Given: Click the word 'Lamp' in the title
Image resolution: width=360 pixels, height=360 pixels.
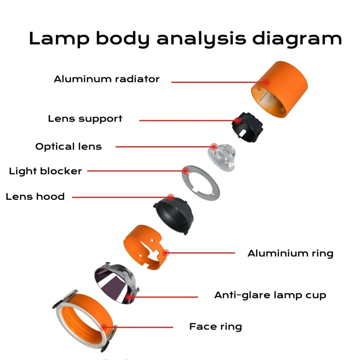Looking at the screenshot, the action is click(59, 39).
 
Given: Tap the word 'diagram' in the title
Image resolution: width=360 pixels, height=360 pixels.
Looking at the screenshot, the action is click(297, 39).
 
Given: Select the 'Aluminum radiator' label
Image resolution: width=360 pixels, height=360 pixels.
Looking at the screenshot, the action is click(107, 79).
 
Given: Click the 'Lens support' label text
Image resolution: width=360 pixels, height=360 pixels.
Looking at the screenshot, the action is click(85, 119).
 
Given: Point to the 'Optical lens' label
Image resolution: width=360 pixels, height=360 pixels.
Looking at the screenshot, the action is click(68, 147).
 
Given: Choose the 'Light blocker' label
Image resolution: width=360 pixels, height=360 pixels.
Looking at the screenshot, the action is click(45, 171).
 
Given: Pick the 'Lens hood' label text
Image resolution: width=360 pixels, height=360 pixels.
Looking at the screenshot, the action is click(35, 197).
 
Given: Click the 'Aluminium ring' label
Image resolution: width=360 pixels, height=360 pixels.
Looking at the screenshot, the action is click(291, 253).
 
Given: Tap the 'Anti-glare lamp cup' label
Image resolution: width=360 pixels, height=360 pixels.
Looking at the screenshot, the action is click(270, 295).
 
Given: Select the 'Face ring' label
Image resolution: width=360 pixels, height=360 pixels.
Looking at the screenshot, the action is click(216, 327).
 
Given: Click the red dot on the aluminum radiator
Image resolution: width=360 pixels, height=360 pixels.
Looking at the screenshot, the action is click(266, 82).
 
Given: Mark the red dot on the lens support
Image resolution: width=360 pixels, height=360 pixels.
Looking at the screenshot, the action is click(238, 120).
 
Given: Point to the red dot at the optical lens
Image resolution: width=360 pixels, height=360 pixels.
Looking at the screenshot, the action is click(214, 147).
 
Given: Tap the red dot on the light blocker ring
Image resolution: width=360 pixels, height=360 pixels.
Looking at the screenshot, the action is click(186, 171).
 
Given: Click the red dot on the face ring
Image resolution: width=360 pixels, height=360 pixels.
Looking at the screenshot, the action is click(104, 327).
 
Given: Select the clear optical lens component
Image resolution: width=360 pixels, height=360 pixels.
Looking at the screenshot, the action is click(222, 158).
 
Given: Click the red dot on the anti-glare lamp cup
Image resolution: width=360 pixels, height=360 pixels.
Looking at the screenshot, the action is click(129, 297).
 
